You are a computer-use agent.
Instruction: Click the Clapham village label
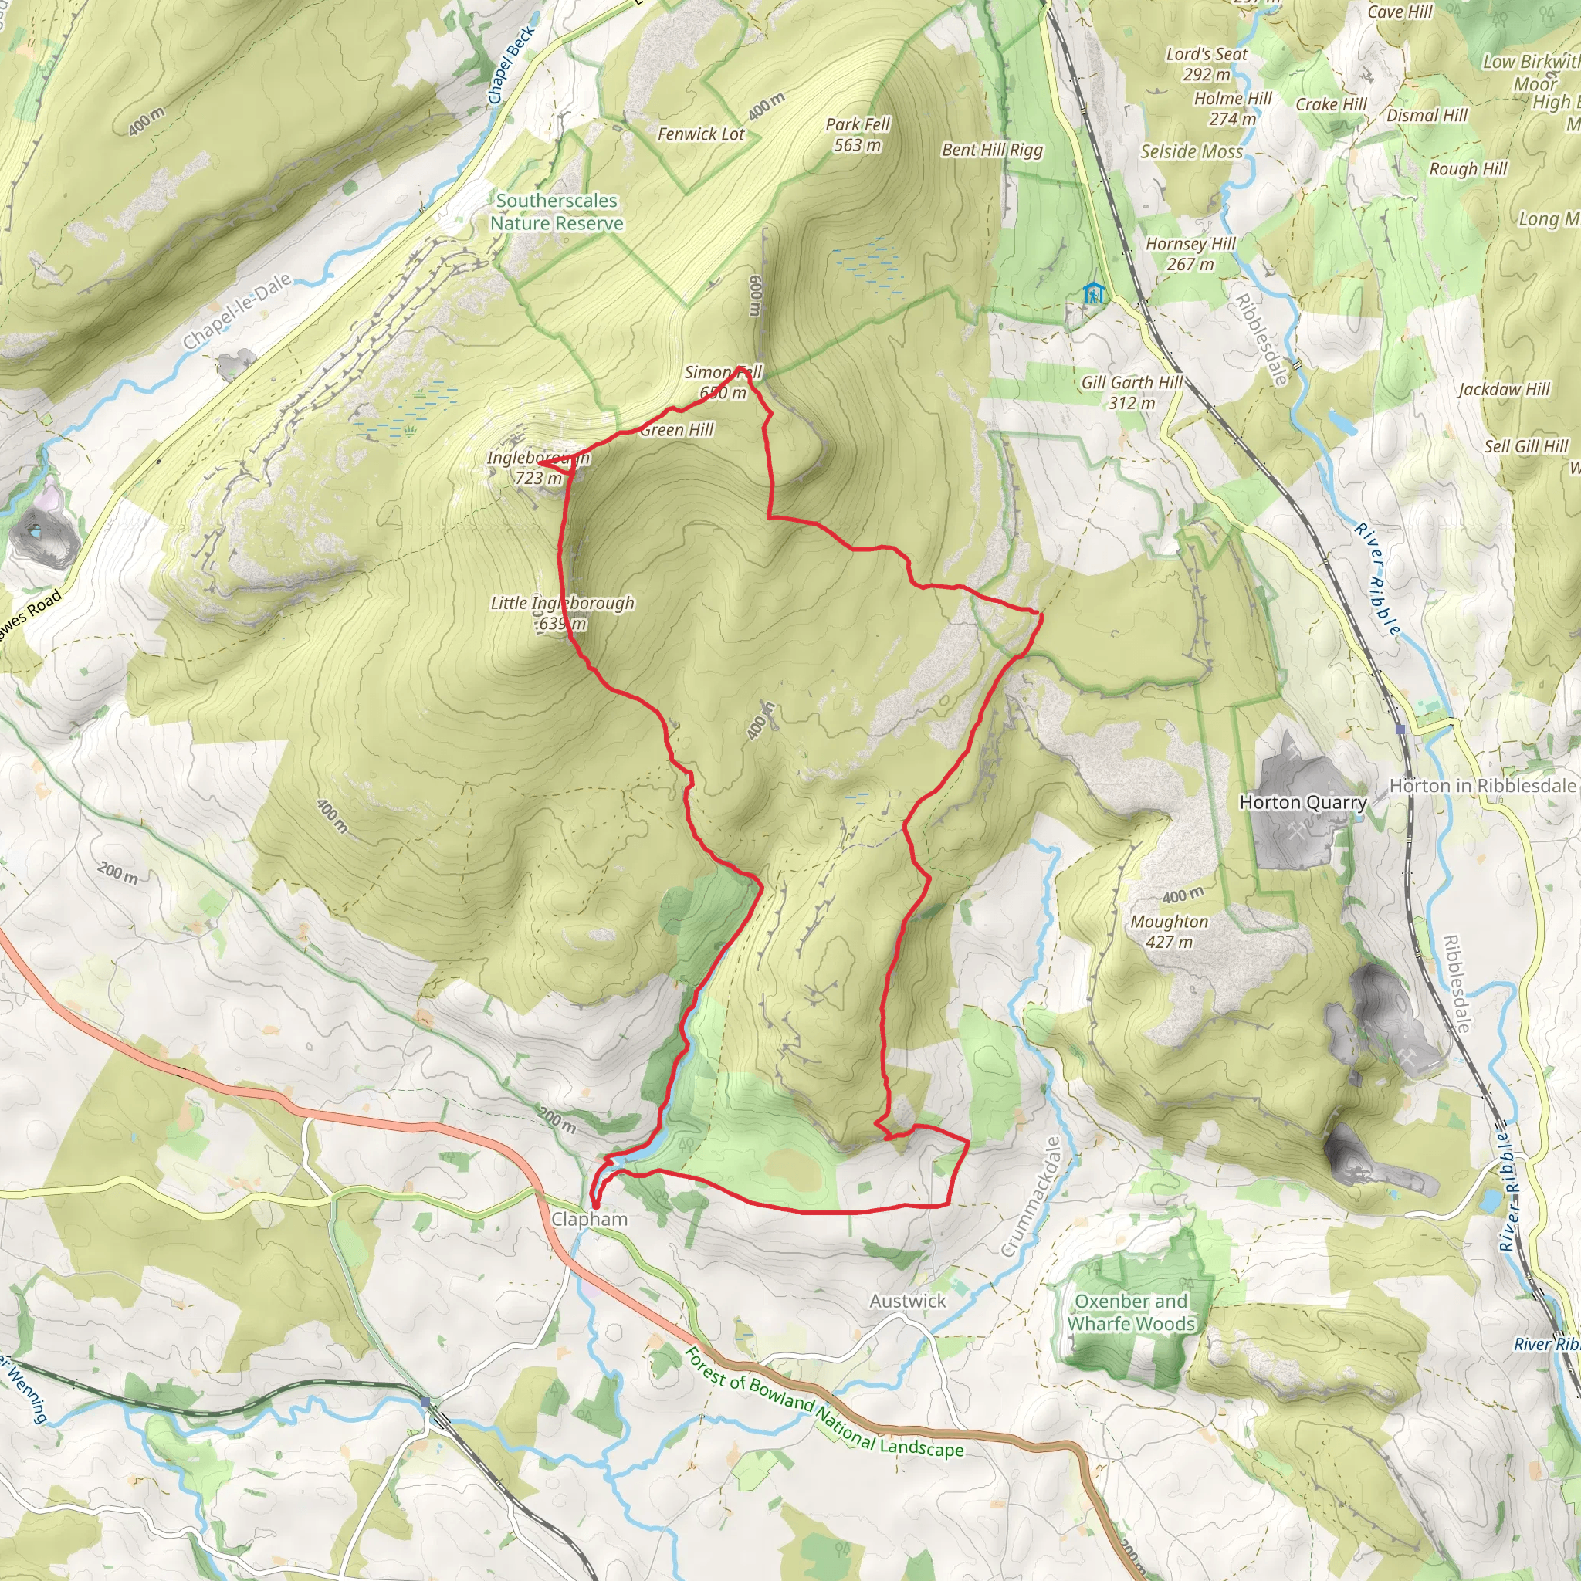click(589, 1219)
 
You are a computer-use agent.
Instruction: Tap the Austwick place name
click(908, 1300)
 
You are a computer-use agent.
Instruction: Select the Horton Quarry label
click(1303, 803)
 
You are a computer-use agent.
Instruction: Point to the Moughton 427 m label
click(1170, 931)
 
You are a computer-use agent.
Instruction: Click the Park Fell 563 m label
click(858, 135)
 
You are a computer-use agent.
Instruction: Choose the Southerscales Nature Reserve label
click(557, 212)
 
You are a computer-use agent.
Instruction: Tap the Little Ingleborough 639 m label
click(562, 613)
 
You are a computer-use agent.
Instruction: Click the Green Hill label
click(677, 431)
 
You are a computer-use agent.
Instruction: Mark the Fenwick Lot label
click(701, 134)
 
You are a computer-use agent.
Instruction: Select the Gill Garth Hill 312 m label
click(1132, 392)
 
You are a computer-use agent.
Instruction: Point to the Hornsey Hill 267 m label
click(1190, 254)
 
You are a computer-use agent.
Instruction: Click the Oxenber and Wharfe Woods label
click(1131, 1312)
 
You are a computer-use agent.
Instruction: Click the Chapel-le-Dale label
click(236, 312)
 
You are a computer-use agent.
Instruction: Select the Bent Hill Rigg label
click(992, 150)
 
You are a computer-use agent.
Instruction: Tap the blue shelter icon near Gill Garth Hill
click(1093, 292)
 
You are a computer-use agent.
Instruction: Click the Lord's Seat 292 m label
click(1207, 64)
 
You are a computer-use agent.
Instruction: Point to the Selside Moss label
click(1191, 151)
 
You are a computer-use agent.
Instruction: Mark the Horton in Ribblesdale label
click(1482, 786)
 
